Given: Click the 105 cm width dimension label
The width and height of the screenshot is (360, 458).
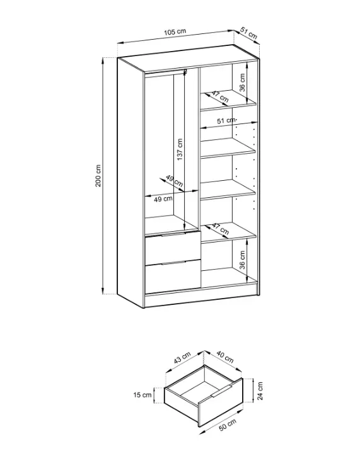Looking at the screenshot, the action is pos(175,31).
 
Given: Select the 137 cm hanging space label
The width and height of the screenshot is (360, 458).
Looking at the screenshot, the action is pos(180,149).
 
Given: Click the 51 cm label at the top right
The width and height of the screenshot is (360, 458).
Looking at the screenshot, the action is pos(248,33).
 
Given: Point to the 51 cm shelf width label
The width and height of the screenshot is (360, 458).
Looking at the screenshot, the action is pos(226,120).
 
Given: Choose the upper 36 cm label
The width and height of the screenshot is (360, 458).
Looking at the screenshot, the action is pos(242,83).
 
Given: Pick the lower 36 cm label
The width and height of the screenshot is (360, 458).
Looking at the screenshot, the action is pos(242,260).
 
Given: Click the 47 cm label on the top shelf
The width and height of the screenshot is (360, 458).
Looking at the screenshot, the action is pos(220,96).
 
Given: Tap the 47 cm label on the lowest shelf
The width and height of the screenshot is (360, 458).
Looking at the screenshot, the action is pos(220,229).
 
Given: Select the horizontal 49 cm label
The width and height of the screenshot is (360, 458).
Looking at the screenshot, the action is pos(163,199).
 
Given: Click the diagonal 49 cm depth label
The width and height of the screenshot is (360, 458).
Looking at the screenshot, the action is pos(175,181).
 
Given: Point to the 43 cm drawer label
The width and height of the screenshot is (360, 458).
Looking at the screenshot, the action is pos(182,358).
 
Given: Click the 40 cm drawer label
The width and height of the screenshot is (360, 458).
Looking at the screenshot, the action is pos(225,357).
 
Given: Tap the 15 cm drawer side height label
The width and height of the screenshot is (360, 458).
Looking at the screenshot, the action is pos(142,395).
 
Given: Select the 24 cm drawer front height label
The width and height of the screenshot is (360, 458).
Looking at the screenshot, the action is pos(260,391).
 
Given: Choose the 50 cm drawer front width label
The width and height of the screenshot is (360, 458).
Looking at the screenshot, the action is pos(228,425).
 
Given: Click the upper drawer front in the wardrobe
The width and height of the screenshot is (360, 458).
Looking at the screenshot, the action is pos(173,248).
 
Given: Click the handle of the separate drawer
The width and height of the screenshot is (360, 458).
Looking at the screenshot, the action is pos(221,391).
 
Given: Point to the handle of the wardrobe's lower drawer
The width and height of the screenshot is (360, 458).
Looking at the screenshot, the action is pos(173,263).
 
